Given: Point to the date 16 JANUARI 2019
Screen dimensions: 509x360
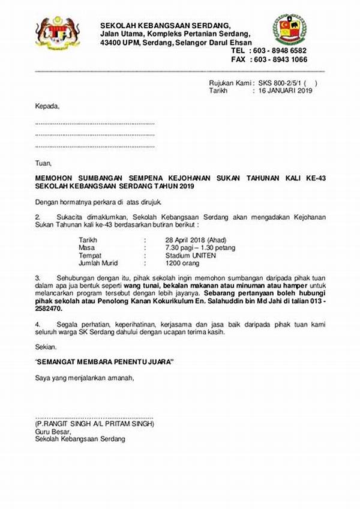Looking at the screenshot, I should click(x=286, y=91).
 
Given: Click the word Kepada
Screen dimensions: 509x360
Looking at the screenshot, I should click(x=47, y=106).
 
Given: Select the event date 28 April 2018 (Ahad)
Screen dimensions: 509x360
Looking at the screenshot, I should click(x=190, y=239).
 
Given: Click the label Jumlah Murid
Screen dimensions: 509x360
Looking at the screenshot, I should click(x=98, y=263).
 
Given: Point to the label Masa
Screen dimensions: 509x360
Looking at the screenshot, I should click(x=87, y=247).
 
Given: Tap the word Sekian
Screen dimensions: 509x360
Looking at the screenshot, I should click(x=46, y=347).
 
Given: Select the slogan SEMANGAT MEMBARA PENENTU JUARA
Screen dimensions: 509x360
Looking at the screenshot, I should click(x=104, y=363).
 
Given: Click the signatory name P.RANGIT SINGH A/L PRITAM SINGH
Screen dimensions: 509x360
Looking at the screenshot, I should click(x=95, y=424).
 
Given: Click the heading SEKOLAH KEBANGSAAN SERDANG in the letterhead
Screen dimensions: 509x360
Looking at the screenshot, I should click(x=165, y=25).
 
